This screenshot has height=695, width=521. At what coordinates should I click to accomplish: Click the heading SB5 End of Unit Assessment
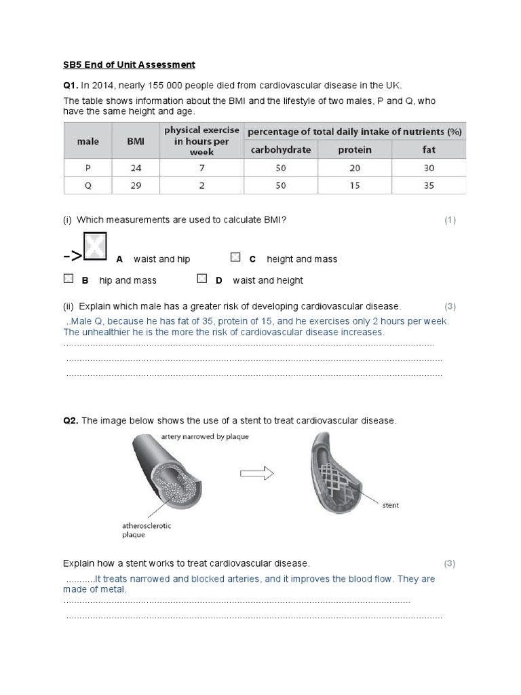129,64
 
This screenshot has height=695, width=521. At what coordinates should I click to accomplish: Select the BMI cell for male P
136,168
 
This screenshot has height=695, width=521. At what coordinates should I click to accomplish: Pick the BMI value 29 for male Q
136,185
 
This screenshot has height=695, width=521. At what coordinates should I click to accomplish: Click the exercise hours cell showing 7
201,168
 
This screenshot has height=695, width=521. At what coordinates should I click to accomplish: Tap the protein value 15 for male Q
355,185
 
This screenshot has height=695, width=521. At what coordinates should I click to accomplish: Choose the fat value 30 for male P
428,168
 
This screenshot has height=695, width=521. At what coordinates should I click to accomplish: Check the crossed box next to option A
94,246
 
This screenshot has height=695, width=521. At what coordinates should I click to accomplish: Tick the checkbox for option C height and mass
235,257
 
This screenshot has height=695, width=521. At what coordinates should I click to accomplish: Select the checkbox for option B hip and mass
68,278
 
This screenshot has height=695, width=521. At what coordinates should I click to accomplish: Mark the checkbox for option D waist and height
201,278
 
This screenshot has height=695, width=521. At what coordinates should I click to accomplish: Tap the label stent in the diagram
391,505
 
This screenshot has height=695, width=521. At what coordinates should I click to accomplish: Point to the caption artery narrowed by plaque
205,436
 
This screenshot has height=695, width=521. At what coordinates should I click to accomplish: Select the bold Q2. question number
71,421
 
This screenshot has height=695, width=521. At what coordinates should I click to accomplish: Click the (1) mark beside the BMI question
450,220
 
